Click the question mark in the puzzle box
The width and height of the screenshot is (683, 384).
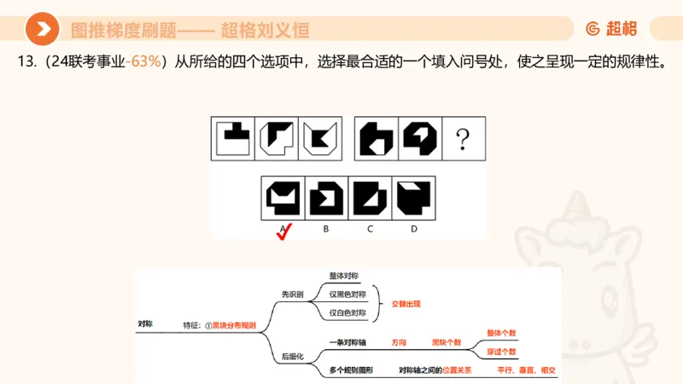click(463, 139)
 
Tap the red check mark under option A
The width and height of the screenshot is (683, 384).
click(284, 232)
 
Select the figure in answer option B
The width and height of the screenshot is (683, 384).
click(327, 197)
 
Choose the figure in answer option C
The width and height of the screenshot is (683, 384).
click(370, 197)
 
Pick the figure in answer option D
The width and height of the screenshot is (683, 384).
click(413, 197)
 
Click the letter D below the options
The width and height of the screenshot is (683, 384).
click(413, 228)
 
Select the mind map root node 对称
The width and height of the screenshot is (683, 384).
click(145, 324)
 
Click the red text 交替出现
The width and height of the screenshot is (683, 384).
click(406, 304)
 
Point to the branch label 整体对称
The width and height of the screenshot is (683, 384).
click(344, 276)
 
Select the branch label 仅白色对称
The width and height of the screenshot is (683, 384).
click(347, 312)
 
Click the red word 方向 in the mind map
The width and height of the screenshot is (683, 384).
click(399, 342)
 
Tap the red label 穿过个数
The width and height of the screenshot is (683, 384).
click(501, 351)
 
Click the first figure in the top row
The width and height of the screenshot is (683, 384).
click(232, 139)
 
